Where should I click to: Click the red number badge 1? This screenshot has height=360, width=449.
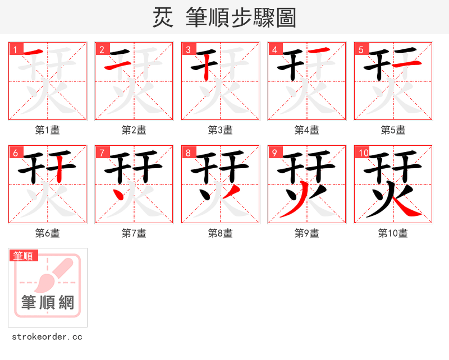[15, 49]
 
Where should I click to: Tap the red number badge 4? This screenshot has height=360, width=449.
[274, 49]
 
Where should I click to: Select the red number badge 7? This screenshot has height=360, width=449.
[101, 153]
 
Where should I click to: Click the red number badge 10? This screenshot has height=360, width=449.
[362, 153]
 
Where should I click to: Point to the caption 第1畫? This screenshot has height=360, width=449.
[47, 130]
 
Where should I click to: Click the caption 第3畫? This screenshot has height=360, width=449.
[220, 130]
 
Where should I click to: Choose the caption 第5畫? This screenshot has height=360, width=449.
[393, 130]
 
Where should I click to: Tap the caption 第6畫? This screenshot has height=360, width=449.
[47, 233]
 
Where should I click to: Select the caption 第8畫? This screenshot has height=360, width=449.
[220, 233]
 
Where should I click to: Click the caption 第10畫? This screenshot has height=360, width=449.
[393, 233]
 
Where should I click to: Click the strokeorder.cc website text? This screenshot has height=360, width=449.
[47, 337]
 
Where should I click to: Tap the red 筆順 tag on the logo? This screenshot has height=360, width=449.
[24, 256]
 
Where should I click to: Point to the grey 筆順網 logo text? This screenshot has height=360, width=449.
[48, 303]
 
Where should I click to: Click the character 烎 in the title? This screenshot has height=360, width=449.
[162, 18]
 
